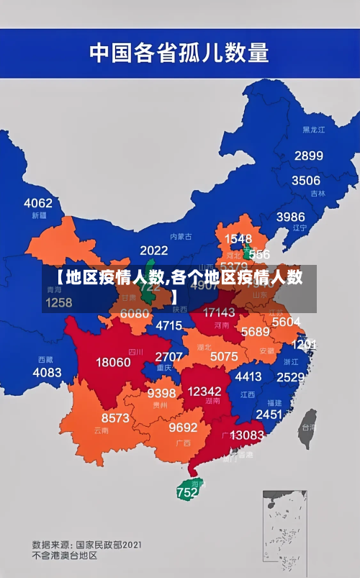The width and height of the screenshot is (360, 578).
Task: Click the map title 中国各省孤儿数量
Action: point(179,53)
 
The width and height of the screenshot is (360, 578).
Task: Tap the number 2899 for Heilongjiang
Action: point(308,155)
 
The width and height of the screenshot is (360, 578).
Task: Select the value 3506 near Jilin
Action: point(305,180)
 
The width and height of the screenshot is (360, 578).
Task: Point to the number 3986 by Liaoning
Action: point(291,216)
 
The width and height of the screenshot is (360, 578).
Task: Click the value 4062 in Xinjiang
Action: point(38,202)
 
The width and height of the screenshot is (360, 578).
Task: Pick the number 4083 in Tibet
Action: point(47,372)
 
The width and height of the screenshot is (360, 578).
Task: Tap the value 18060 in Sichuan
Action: point(114,362)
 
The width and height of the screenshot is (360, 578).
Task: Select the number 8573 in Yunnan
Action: point(115,417)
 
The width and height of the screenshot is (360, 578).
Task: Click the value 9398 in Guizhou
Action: point(161,393)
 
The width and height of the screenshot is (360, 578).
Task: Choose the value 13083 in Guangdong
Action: point(246,435)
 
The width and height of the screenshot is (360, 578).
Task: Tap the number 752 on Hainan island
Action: point(187,493)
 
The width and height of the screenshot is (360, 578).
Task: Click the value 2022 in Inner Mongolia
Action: point(153,250)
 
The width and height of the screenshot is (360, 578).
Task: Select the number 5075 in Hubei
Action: point(224,356)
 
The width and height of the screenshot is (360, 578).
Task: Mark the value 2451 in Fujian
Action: point(269,414)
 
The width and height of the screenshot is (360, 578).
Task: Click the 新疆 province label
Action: point(39,215)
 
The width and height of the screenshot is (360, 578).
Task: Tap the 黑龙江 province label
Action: point(313,130)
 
